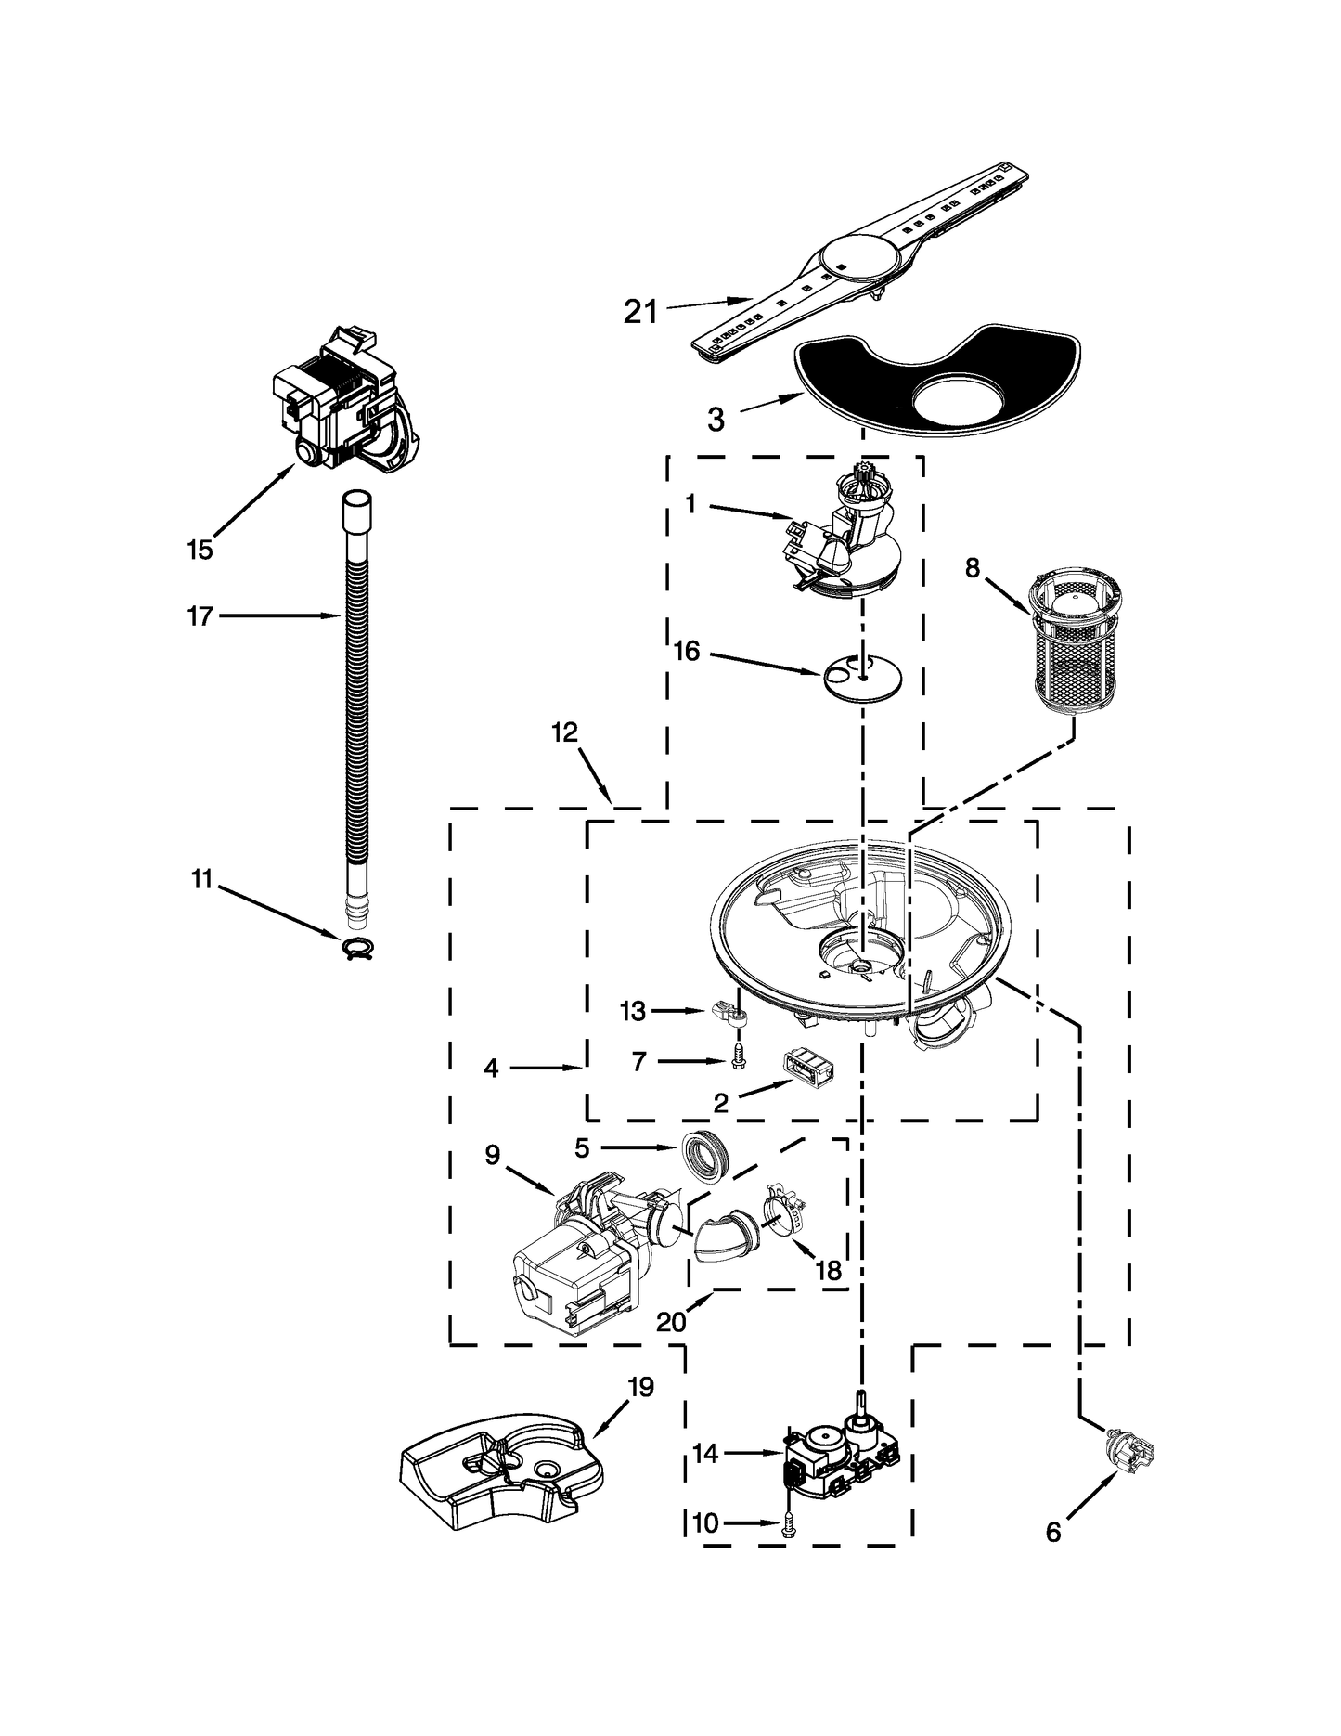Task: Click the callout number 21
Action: click(639, 313)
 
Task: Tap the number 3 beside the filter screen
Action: click(715, 420)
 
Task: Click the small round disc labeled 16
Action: click(863, 676)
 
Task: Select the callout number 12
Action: click(564, 732)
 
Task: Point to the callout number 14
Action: click(705, 1454)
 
